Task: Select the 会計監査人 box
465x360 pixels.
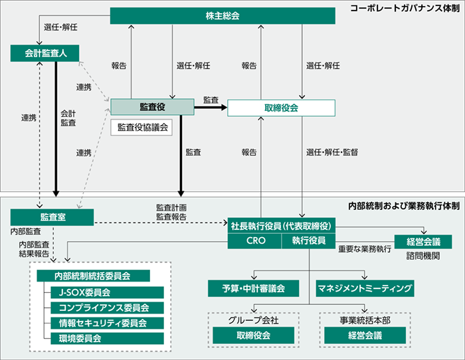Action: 41,52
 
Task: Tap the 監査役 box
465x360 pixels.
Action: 151,106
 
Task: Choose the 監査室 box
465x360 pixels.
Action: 52,217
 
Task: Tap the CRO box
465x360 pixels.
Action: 255,241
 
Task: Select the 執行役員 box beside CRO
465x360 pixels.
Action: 308,241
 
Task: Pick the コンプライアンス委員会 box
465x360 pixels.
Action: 106,308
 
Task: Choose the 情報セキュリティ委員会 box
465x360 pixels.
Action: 106,323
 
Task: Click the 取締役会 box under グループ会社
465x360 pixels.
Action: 253,336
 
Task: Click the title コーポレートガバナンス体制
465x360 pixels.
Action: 405,10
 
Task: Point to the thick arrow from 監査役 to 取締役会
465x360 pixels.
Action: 210,106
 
